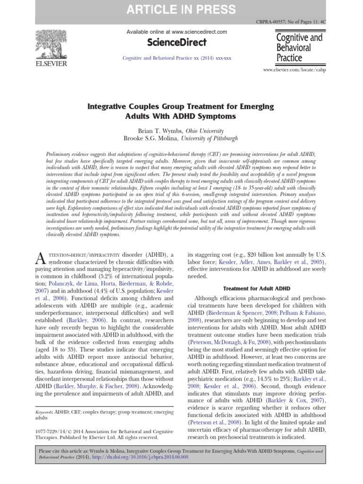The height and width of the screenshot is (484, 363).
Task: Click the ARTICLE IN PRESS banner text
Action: [181, 9]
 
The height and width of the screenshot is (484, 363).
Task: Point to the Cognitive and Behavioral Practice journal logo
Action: [299, 47]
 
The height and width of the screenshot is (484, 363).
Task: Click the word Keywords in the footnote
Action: [44, 412]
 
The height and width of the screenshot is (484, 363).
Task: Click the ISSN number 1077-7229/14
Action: [53, 432]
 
